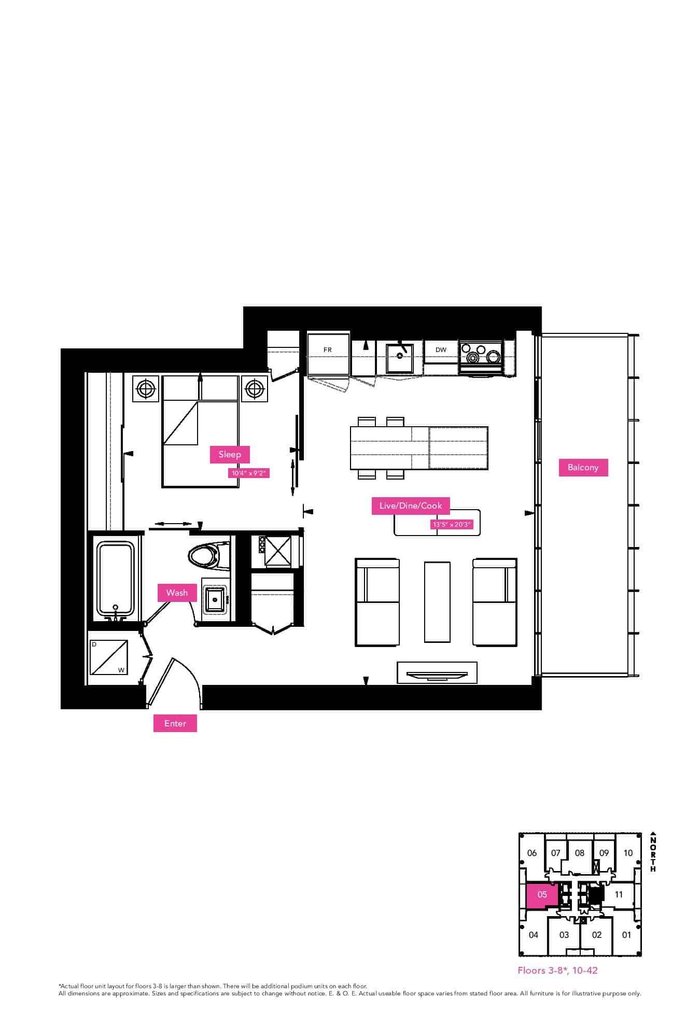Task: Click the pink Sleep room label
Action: click(x=230, y=454)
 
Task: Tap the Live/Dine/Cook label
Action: click(x=411, y=505)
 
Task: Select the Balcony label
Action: click(x=583, y=467)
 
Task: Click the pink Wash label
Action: click(x=177, y=593)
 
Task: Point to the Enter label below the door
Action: click(x=175, y=723)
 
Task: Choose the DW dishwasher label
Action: click(x=441, y=350)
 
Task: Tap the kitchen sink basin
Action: click(x=400, y=358)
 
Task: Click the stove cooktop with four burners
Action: click(x=481, y=356)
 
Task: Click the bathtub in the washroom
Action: click(x=116, y=579)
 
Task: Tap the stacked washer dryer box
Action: click(x=108, y=657)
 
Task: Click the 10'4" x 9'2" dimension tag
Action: click(x=249, y=473)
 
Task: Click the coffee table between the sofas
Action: click(x=437, y=601)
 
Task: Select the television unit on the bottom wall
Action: click(x=437, y=673)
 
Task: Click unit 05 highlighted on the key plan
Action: click(x=542, y=894)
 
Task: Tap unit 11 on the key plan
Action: click(x=619, y=894)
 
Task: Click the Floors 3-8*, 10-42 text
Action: click(x=557, y=970)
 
